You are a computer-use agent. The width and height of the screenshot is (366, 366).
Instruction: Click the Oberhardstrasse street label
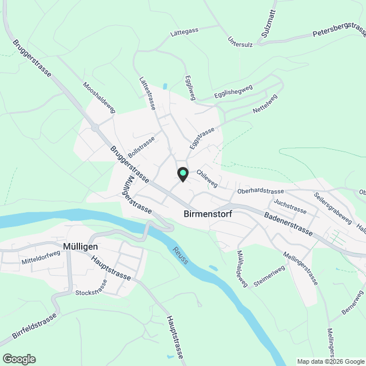coord(260,192)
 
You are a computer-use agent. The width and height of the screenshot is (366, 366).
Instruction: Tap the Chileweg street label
coord(206,177)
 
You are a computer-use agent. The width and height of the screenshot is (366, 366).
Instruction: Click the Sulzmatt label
coord(268,23)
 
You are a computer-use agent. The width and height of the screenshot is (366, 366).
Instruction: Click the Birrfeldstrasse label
coord(35,326)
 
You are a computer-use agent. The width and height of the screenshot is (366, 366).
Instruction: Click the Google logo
coord(19,359)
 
